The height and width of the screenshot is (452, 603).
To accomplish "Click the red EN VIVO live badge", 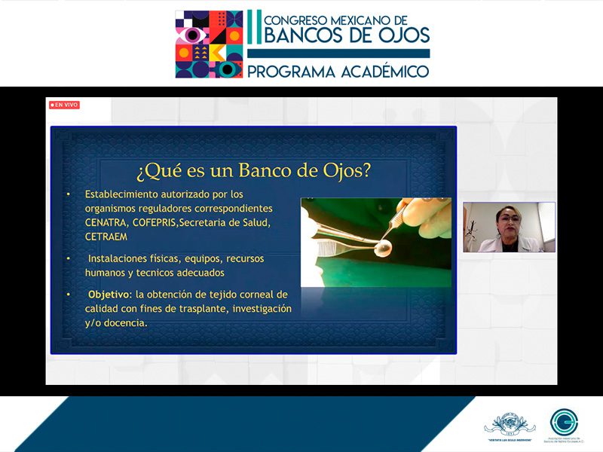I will (64, 105).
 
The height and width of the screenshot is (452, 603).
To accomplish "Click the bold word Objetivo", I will (109, 294).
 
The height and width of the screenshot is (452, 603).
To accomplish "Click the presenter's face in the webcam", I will (505, 222).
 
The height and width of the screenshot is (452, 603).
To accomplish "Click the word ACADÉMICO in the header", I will (381, 72).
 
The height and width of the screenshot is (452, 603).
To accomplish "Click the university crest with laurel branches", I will (510, 423).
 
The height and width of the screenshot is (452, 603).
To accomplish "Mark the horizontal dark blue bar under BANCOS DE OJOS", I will (338, 54).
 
